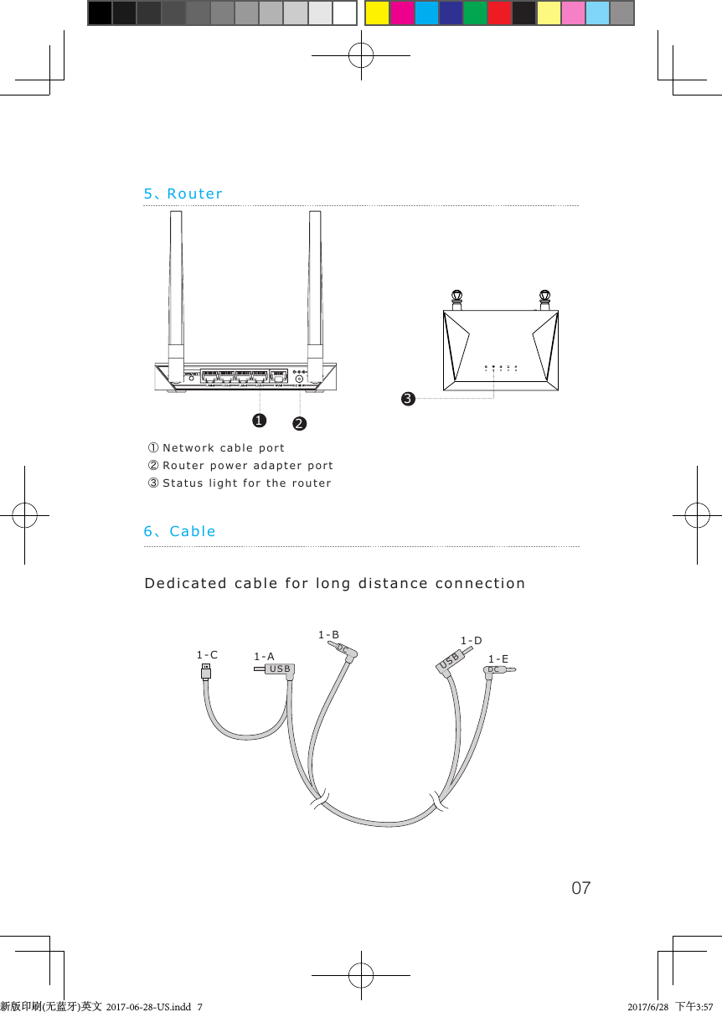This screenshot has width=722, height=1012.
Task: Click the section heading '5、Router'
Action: (x=183, y=194)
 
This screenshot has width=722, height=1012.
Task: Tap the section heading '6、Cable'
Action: (x=180, y=532)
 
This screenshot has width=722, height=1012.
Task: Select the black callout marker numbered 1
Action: (x=260, y=418)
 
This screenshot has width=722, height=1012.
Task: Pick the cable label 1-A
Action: (x=264, y=658)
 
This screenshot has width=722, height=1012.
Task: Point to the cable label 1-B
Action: (x=328, y=636)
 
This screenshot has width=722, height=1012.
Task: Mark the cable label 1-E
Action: (x=498, y=659)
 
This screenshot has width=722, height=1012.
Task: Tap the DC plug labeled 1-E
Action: (x=498, y=670)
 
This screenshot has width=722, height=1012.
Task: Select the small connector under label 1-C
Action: (x=206, y=673)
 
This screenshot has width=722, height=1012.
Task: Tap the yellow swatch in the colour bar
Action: (x=377, y=13)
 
